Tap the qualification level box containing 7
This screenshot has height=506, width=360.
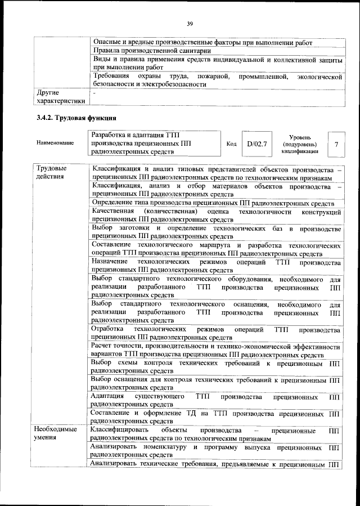(336, 144)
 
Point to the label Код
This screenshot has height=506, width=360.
(231, 144)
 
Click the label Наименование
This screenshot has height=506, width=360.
(55, 144)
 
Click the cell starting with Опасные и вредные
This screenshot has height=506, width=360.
(202, 42)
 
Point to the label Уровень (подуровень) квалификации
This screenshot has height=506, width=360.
(304, 144)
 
